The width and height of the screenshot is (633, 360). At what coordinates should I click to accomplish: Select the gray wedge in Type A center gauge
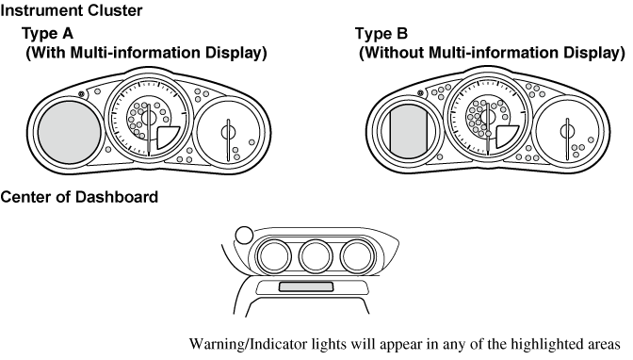coord(167,139)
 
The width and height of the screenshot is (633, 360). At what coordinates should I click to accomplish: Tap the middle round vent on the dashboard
coord(315,255)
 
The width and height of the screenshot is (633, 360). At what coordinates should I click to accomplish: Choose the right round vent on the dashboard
coord(358,255)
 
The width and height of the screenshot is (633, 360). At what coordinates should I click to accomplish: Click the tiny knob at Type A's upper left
coord(84,94)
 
